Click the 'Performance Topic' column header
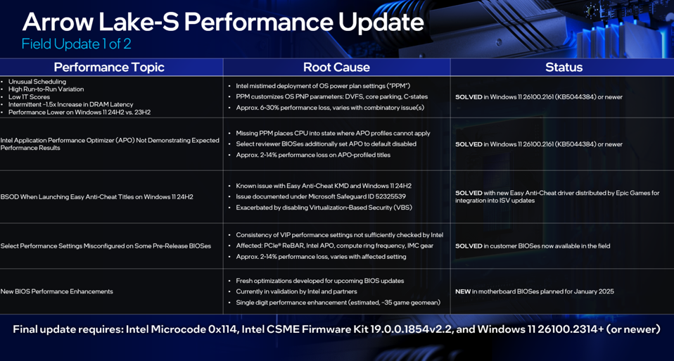[x=109, y=68]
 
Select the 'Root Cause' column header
[x=336, y=68]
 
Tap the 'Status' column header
[x=564, y=68]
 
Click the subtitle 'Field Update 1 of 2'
[x=77, y=44]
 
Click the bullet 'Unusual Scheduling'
[x=37, y=82]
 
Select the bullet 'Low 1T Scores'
[x=29, y=96]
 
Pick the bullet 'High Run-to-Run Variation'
[x=46, y=89]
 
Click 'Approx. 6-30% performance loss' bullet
[x=330, y=108]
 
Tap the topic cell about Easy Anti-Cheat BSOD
[x=96, y=197]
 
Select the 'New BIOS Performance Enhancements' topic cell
[x=57, y=291]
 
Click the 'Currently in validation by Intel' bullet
[x=297, y=291]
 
